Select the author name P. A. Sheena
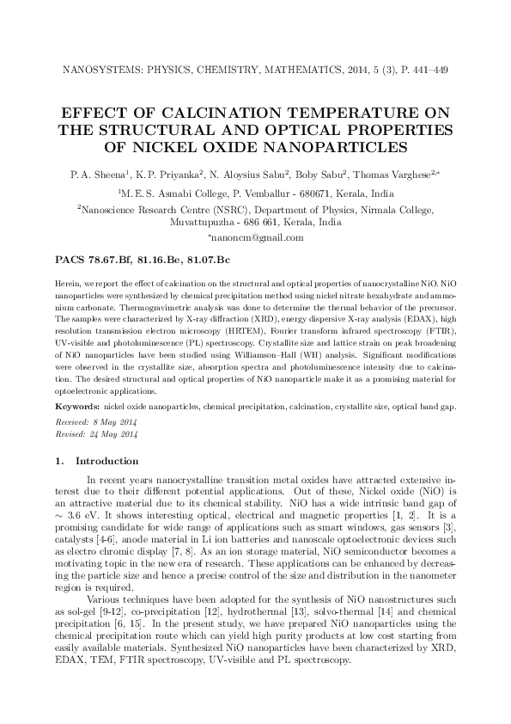[95, 175]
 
